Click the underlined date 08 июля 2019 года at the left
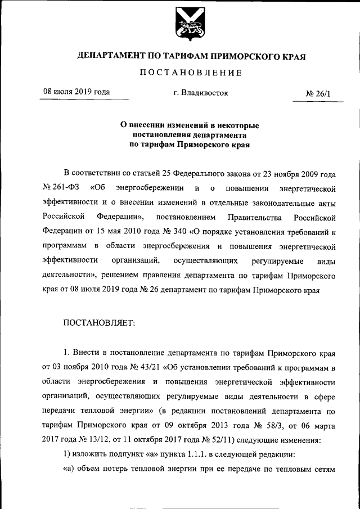[x=76, y=92]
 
